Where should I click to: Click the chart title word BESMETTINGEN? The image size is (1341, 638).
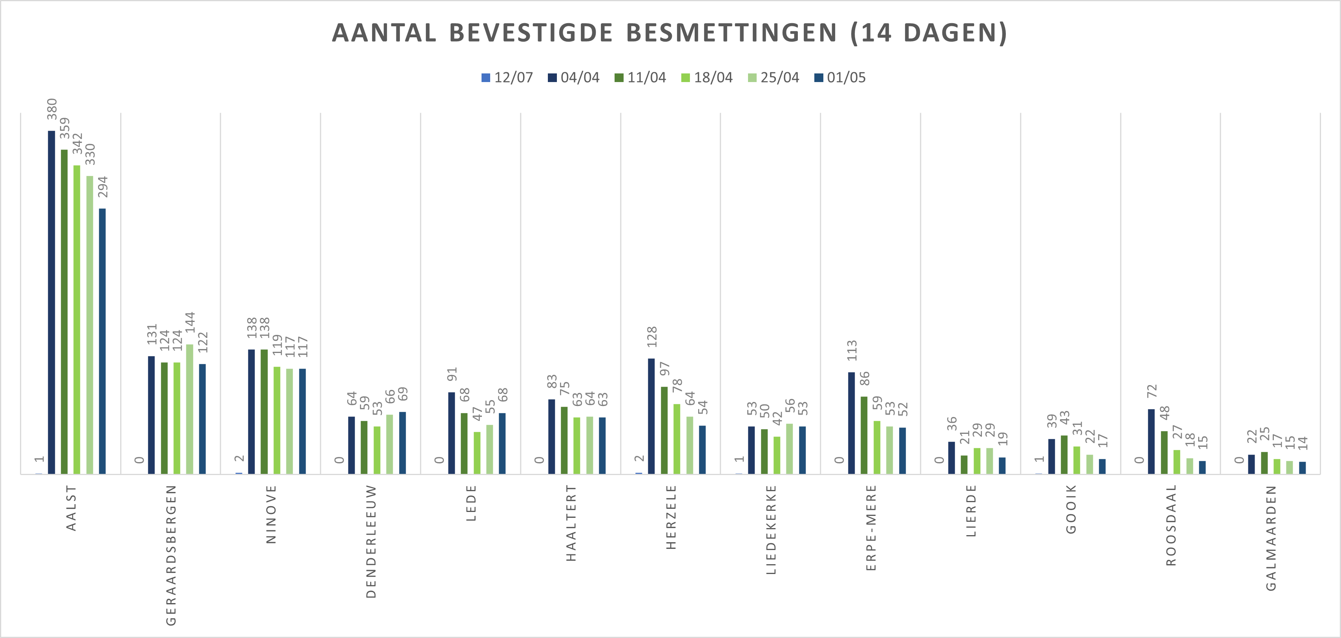click(731, 33)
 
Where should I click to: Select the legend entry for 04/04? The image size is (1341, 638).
click(574, 78)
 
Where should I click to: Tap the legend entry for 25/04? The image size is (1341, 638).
click(774, 78)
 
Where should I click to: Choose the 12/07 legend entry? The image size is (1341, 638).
click(507, 78)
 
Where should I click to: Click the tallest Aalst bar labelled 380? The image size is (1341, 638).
click(51, 302)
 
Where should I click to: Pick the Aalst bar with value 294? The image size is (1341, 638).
click(102, 341)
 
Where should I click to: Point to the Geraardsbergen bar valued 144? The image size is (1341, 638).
click(190, 409)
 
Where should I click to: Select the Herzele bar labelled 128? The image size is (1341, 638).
click(651, 416)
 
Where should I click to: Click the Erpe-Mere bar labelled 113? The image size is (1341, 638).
click(851, 423)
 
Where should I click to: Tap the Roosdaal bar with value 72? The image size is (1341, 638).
click(1151, 441)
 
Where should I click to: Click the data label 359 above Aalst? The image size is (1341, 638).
click(64, 128)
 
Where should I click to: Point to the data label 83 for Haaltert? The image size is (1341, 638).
click(552, 381)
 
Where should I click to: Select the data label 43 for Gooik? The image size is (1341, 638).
click(1065, 418)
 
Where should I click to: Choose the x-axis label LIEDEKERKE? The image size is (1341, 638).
click(771, 530)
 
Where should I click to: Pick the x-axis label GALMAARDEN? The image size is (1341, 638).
click(1271, 538)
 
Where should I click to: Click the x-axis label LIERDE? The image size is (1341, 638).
click(971, 510)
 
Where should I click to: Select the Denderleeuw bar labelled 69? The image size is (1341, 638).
click(402, 443)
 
